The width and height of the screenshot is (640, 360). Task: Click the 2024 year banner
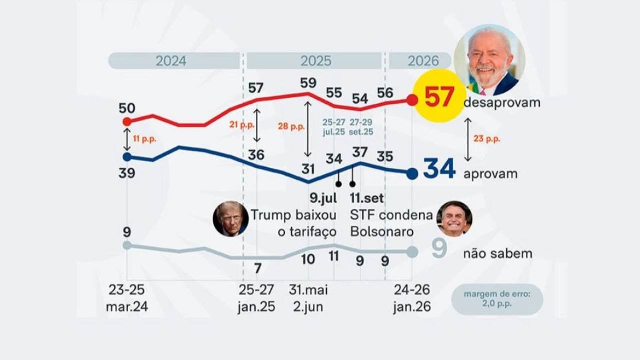(x=174, y=61)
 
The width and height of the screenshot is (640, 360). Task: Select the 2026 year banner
(x=420, y=61)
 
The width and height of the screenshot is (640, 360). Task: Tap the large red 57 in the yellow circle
(x=439, y=96)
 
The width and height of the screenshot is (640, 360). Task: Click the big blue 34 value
(x=439, y=169)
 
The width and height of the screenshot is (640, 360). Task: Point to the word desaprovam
(x=502, y=103)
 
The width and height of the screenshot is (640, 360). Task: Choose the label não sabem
(x=498, y=253)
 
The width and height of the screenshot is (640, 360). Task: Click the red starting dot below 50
(x=127, y=122)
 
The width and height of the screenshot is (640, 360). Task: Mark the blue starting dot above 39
(x=127, y=157)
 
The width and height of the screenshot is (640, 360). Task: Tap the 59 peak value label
(x=308, y=83)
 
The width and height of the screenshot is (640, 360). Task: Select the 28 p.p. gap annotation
(x=291, y=126)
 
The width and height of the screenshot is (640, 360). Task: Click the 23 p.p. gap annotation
(x=487, y=139)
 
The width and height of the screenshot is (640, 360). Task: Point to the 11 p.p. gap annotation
(x=145, y=139)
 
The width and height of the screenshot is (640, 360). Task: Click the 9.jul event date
(x=323, y=198)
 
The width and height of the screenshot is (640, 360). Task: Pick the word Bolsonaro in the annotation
(x=382, y=231)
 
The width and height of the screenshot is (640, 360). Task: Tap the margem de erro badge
(x=497, y=299)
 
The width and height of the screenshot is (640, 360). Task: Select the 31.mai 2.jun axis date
(x=308, y=298)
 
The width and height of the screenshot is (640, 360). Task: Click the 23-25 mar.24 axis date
(x=127, y=298)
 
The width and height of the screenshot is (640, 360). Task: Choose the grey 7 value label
(x=257, y=268)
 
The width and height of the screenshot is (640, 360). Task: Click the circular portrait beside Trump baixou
(x=231, y=219)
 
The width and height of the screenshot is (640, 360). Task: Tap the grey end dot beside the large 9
(x=412, y=252)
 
